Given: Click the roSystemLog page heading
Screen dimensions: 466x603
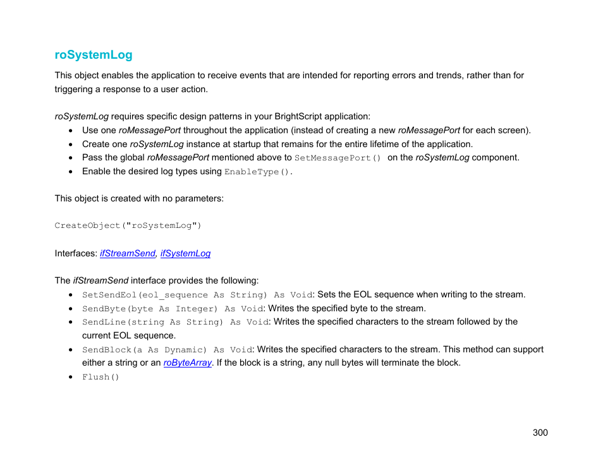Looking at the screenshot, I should click(x=94, y=55).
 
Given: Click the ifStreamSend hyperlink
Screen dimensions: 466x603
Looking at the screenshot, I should click(x=127, y=253).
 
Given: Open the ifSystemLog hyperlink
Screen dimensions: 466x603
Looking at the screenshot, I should click(x=185, y=253).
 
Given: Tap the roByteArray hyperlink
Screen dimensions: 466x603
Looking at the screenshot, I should click(x=187, y=363).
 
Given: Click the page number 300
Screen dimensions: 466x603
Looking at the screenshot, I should click(x=540, y=433).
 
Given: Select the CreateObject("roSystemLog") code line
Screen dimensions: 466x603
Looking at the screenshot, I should click(x=128, y=225).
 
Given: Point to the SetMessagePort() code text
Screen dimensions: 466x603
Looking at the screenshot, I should click(x=338, y=158).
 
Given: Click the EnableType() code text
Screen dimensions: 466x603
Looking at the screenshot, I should click(x=258, y=172).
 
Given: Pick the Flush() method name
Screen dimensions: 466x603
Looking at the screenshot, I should click(x=100, y=377).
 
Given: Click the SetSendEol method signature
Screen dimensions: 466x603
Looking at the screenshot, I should click(x=197, y=295).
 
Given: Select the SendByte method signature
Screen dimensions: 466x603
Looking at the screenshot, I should click(x=172, y=309).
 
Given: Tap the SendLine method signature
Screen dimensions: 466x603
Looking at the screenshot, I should click(x=175, y=322).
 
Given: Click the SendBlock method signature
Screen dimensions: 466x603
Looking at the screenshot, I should click(x=167, y=350).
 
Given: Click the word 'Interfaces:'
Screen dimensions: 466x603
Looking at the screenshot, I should click(x=76, y=253).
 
